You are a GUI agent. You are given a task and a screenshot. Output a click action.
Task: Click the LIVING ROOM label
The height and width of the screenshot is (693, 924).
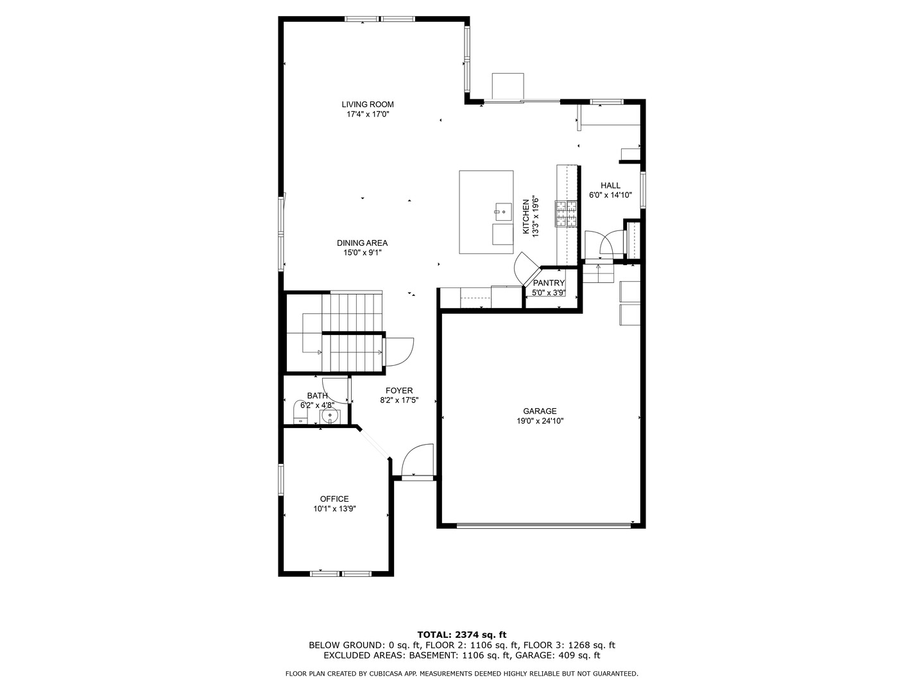coord(367,105)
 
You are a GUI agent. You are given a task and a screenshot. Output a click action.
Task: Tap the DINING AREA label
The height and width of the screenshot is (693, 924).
coord(362,243)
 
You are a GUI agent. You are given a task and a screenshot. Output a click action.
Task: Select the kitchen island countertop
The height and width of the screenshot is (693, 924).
coord(478,193)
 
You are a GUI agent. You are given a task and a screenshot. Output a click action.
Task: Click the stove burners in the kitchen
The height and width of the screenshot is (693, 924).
coord(566,214)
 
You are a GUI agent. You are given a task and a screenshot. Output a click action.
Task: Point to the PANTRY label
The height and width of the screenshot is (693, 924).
coord(549,283)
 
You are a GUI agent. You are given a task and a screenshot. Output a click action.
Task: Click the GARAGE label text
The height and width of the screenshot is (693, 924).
coord(540,411)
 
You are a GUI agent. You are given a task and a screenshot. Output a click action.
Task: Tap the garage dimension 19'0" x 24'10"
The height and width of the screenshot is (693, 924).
coord(540,422)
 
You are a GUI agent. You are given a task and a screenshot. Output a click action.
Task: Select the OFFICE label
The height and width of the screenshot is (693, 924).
coord(334,499)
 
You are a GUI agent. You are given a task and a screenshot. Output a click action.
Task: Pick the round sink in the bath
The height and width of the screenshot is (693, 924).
coord(330,416)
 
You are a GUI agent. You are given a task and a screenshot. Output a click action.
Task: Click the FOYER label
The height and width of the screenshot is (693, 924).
coord(399,391)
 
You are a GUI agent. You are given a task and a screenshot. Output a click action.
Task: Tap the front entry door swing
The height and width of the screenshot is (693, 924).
coord(416,461)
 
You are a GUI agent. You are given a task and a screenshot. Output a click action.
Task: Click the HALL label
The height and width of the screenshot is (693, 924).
coord(610,185)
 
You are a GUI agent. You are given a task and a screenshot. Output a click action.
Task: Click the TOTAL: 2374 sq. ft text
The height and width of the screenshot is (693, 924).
coord(461,635)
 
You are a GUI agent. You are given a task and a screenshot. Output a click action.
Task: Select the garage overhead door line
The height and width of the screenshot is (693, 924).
coord(543,526)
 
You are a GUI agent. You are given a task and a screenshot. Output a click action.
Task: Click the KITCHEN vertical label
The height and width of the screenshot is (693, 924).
coord(526,216)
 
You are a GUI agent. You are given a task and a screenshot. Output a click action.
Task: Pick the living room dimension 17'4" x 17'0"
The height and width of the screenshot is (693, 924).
coord(368,114)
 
